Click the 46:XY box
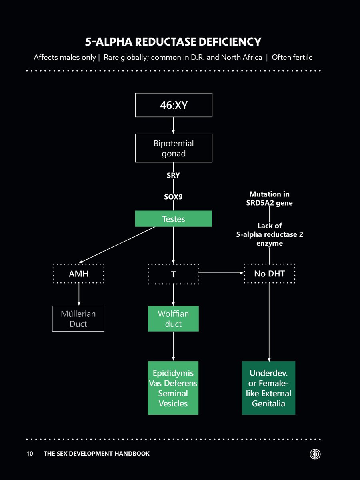(x=173, y=105)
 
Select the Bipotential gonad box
(x=173, y=148)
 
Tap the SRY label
(x=173, y=175)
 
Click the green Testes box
(x=173, y=219)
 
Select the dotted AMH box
(x=78, y=274)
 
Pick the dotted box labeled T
(x=173, y=274)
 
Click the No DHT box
(x=269, y=274)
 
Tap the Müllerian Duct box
(x=78, y=319)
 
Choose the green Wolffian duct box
(x=173, y=319)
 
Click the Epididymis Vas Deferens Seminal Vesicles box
(x=173, y=388)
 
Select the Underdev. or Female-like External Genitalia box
(x=268, y=388)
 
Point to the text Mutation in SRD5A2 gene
(x=269, y=198)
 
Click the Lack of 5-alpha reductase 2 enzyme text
(x=269, y=234)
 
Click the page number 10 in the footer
(x=30, y=454)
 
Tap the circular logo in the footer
(x=316, y=454)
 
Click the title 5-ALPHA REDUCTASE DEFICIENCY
(x=173, y=42)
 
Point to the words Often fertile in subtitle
(x=292, y=57)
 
